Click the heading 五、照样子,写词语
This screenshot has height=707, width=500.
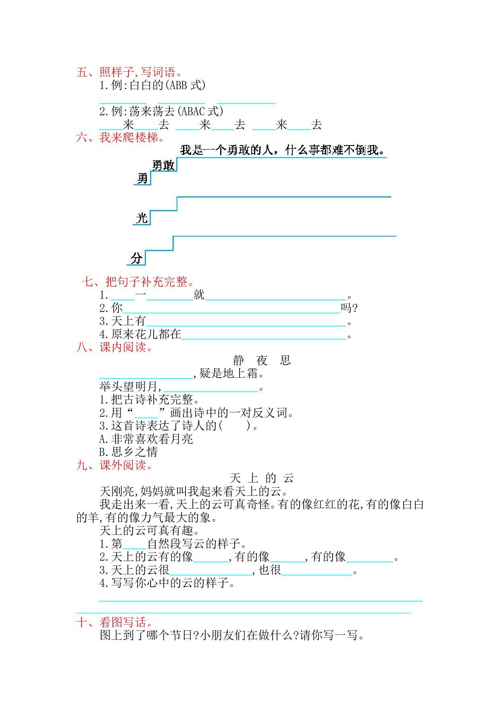click(129, 72)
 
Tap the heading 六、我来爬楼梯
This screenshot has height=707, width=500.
click(121, 138)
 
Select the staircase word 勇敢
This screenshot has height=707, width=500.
click(163, 165)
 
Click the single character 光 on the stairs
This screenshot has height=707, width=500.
click(142, 218)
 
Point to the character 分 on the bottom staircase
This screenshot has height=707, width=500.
click(137, 258)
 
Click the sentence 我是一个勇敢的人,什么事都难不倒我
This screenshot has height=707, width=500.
click(283, 150)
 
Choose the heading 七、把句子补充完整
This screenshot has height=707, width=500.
click(138, 282)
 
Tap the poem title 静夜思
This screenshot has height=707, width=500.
click(262, 360)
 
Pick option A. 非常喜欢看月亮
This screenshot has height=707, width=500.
click(146, 439)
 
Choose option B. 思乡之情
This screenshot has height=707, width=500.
click(129, 452)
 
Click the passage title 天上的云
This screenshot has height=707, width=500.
click(262, 478)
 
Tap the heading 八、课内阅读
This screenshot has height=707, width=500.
click(115, 347)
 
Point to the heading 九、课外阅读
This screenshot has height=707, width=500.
click(115, 466)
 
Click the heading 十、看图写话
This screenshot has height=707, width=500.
click(115, 622)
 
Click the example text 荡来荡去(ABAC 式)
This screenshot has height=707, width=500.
click(176, 111)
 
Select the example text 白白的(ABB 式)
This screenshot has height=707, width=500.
click(168, 85)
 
